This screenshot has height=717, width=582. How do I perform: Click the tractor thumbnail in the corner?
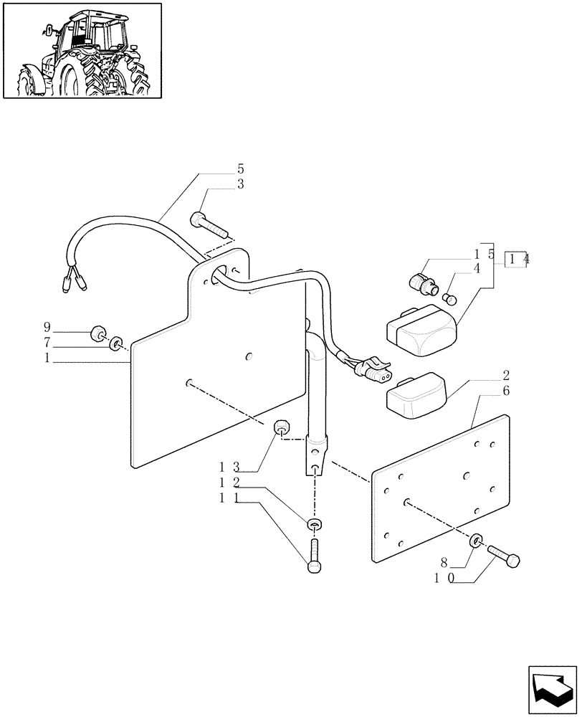(81, 50)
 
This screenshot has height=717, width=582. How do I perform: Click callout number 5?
(240, 169)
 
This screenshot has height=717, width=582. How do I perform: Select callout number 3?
(240, 184)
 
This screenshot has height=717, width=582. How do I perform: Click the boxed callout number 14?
(516, 260)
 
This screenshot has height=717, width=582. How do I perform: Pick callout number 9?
(47, 332)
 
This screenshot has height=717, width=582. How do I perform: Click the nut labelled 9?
(96, 333)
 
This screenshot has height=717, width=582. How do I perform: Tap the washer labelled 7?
(115, 346)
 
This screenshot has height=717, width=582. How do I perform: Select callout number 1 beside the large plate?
(47, 358)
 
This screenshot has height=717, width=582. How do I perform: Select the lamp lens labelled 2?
(416, 396)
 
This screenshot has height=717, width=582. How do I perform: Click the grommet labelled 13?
(282, 427)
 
